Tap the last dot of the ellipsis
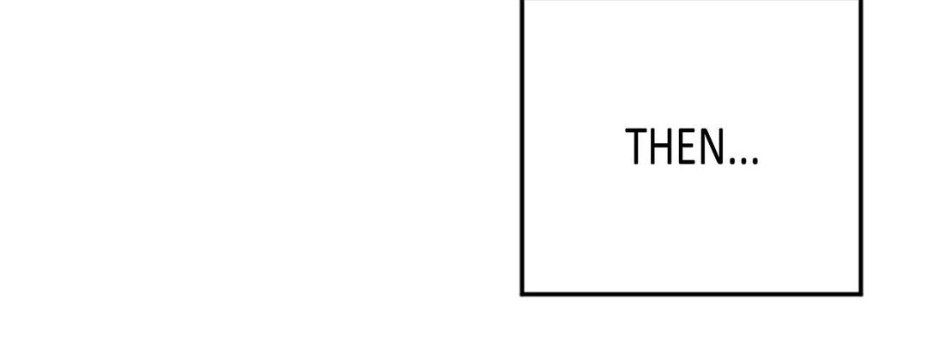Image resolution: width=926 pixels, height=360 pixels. (x=755, y=160)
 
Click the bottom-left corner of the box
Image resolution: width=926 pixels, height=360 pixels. (x=522, y=293)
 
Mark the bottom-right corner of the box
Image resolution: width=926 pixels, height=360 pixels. (x=861, y=293)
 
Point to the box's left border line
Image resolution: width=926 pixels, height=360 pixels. (x=522, y=147)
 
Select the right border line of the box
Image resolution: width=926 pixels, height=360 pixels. (x=861, y=147)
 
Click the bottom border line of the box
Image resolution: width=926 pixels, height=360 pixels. (x=692, y=293)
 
